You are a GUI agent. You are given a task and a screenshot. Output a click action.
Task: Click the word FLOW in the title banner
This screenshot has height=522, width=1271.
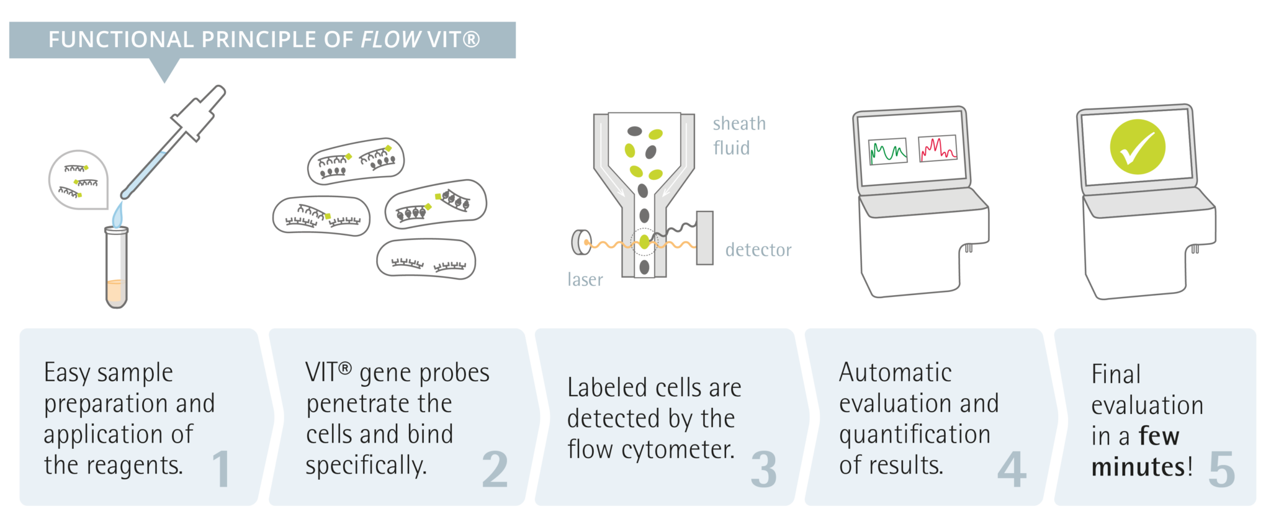tap(391, 40)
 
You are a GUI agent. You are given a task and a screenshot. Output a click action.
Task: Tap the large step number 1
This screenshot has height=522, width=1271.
tap(222, 469)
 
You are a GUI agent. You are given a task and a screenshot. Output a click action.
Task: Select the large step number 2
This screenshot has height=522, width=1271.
tap(495, 469)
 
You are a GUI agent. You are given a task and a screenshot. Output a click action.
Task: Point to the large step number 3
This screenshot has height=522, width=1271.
tap(763, 469)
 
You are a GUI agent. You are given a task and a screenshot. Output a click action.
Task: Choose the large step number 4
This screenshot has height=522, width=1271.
tap(1012, 469)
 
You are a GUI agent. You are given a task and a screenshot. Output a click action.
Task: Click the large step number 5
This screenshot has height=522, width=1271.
tap(1221, 469)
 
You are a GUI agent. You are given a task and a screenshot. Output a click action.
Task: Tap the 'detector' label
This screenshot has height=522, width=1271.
tap(758, 250)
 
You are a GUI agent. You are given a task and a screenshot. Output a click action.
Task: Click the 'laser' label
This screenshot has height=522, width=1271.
tap(585, 280)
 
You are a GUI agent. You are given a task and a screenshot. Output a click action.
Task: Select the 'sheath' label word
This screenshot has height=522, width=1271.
tap(739, 123)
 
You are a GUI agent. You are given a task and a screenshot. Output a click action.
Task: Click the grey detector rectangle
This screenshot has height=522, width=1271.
tap(704, 238)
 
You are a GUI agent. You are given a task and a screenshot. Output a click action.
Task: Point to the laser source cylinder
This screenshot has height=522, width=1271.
tap(581, 242)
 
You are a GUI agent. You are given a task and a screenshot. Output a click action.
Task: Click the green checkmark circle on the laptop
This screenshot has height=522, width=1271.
tap(1137, 147)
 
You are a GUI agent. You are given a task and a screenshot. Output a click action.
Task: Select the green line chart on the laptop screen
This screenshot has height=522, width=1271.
tap(887, 151)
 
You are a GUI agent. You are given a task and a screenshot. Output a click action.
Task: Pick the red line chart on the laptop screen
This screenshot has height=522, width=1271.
tap(937, 149)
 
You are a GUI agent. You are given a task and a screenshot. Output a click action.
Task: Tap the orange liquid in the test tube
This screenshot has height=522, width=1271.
tap(116, 291)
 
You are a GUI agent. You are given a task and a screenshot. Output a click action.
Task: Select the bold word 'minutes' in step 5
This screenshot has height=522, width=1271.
tap(1138, 467)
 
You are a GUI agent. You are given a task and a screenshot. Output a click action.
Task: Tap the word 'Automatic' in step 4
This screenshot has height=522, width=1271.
tap(895, 373)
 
